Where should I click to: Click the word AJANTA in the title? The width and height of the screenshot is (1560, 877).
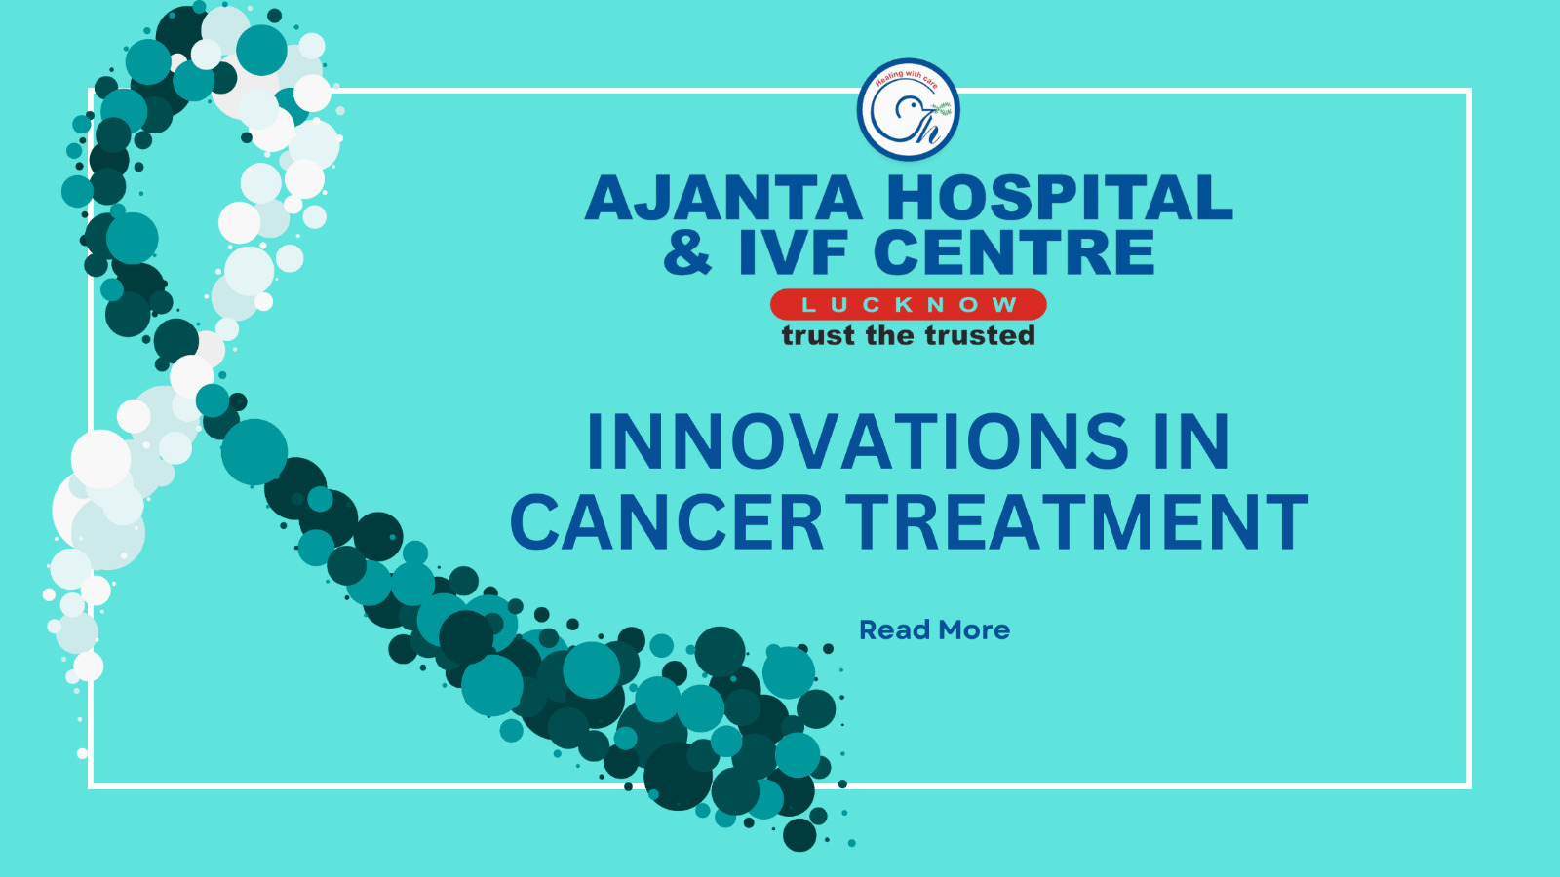tap(723, 198)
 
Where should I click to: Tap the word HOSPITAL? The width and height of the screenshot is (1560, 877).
tap(1059, 198)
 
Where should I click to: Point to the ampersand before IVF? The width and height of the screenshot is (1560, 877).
tap(687, 252)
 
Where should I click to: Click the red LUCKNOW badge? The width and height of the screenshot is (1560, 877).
tap(908, 304)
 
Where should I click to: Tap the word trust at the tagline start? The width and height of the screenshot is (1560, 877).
tap(818, 335)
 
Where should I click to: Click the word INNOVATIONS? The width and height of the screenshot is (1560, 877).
tap(858, 441)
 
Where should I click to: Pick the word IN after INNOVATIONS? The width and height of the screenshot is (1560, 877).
tap(1193, 441)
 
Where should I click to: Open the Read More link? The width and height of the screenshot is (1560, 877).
tap(935, 629)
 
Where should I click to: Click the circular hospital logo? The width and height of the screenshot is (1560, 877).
tap(908, 109)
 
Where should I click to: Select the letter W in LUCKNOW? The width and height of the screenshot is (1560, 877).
tap(1005, 304)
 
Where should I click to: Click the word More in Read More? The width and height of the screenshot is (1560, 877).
tap(974, 629)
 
